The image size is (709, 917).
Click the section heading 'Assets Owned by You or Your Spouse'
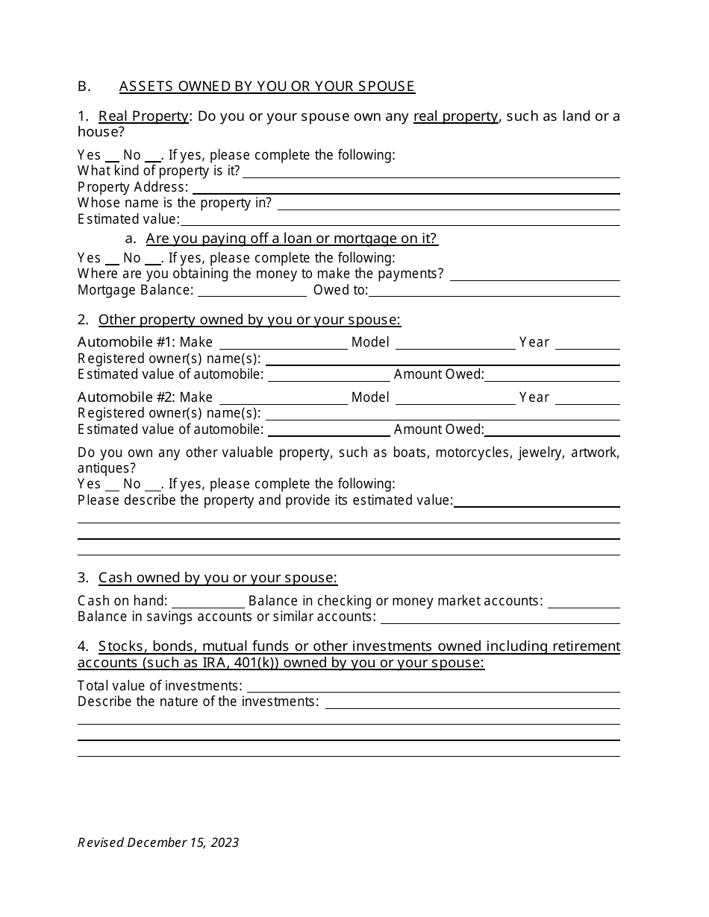pos(266,86)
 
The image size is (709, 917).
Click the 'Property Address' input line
pos(404,187)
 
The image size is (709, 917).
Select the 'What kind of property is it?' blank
pos(431,171)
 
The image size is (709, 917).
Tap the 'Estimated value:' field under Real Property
pos(399,219)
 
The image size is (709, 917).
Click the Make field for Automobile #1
pos(283,343)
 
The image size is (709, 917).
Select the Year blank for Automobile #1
pos(587,343)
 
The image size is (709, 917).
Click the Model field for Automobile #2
pos(455,398)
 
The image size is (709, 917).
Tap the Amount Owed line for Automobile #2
pos(552,429)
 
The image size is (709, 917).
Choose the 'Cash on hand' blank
pos(208,602)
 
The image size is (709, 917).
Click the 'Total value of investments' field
pos(433,686)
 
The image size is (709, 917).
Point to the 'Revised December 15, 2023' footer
pos(158,842)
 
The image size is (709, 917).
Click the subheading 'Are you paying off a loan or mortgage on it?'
pos(291,239)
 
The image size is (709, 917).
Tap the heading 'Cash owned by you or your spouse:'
pos(218,578)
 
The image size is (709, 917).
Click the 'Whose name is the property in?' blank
pos(448,204)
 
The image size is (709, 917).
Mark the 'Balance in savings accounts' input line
pos(499,617)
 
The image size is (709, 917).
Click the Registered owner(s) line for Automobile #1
pos(443,359)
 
